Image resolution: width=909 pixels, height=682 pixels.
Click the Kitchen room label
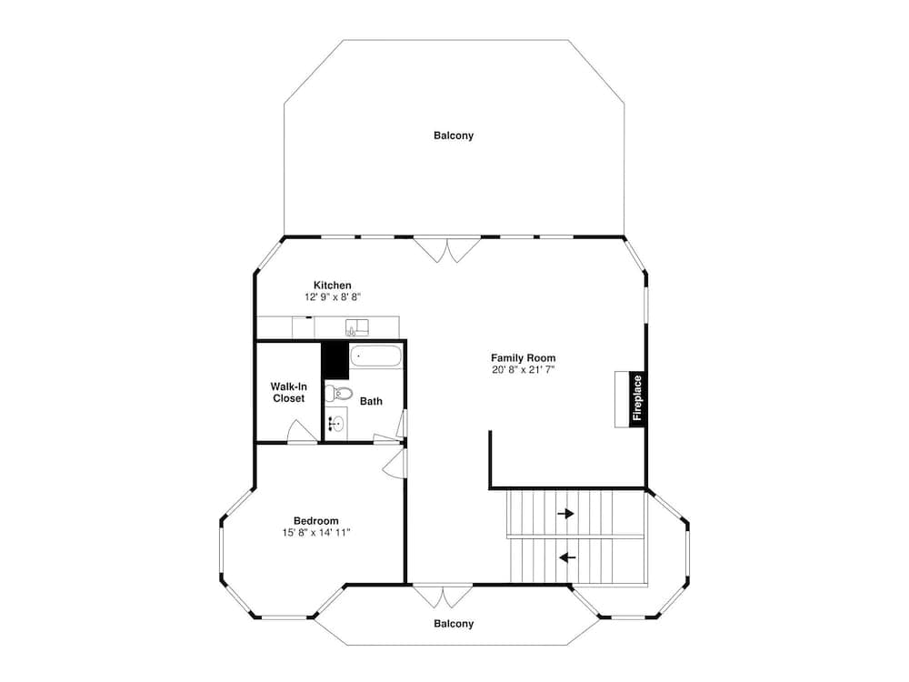(x=332, y=286)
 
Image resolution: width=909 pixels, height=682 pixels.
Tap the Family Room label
(x=523, y=357)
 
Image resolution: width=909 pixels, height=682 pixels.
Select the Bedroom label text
(x=316, y=521)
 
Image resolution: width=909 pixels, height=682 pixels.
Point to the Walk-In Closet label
(x=289, y=393)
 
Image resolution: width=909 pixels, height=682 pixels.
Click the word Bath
(x=371, y=401)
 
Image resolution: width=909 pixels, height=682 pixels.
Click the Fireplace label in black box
(x=637, y=398)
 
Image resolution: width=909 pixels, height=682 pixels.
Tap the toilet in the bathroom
(x=338, y=394)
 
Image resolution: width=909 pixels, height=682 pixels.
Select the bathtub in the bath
(x=375, y=356)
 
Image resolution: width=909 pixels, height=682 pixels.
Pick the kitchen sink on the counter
(x=357, y=327)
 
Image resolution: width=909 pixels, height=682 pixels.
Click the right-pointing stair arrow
(x=565, y=513)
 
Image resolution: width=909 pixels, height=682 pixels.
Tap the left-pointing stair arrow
(x=567, y=558)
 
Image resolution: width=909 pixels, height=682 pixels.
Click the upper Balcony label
(x=454, y=135)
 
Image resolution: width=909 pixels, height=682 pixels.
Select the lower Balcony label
(x=454, y=624)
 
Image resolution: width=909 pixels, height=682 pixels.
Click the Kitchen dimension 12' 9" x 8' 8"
(x=333, y=297)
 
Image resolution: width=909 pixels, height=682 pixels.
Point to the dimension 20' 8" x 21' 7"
(x=523, y=369)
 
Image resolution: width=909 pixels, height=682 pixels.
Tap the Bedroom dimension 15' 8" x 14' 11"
(x=316, y=532)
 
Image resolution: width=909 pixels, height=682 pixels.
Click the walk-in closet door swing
(x=303, y=431)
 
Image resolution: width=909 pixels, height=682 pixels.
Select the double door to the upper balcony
(x=446, y=249)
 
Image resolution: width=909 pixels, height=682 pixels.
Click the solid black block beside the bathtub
(x=335, y=360)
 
